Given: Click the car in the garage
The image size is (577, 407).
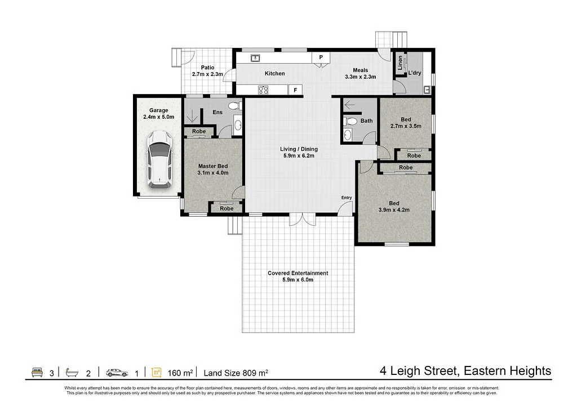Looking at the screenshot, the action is [159, 160].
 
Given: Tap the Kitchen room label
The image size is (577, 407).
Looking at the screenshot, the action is [275, 74].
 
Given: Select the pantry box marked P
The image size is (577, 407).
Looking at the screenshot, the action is [321, 57].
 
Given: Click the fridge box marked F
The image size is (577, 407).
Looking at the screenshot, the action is [295, 90].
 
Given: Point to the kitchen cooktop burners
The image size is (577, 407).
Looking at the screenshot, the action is [263, 90].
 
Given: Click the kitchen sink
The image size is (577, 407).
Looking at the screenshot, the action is [255, 58].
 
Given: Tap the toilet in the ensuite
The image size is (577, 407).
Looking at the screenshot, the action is [234, 106].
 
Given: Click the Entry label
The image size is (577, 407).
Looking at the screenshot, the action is [347, 198].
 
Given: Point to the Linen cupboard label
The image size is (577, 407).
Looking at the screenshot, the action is [400, 63].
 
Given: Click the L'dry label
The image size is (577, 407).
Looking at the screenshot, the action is [415, 73].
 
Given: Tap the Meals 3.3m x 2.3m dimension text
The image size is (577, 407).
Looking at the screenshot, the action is [361, 77].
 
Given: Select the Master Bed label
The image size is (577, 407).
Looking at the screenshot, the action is [213, 166].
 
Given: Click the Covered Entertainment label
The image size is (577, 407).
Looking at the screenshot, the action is [298, 273].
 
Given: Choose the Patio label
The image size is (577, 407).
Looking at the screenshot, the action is [207, 68].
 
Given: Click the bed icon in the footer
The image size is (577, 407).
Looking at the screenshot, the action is [37, 373].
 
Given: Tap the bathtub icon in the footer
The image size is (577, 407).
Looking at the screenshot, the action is [72, 373].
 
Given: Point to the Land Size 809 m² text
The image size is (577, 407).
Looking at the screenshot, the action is [236, 373].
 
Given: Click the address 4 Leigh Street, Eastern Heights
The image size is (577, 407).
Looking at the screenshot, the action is [465, 371].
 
